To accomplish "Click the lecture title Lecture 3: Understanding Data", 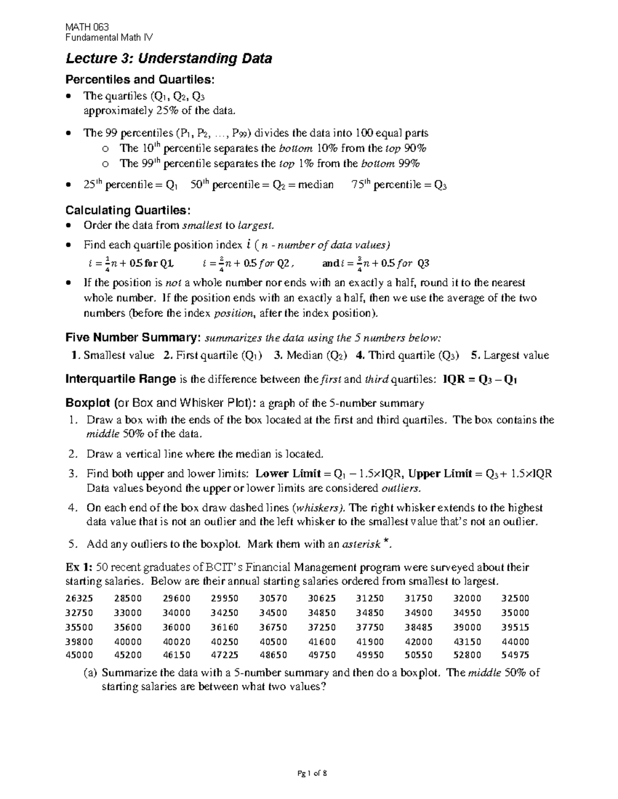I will (169, 59).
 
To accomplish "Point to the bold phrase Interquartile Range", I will (121, 380).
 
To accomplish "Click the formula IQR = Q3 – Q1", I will (480, 380).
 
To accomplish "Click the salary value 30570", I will (273, 598).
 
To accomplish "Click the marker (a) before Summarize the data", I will (90, 673).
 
